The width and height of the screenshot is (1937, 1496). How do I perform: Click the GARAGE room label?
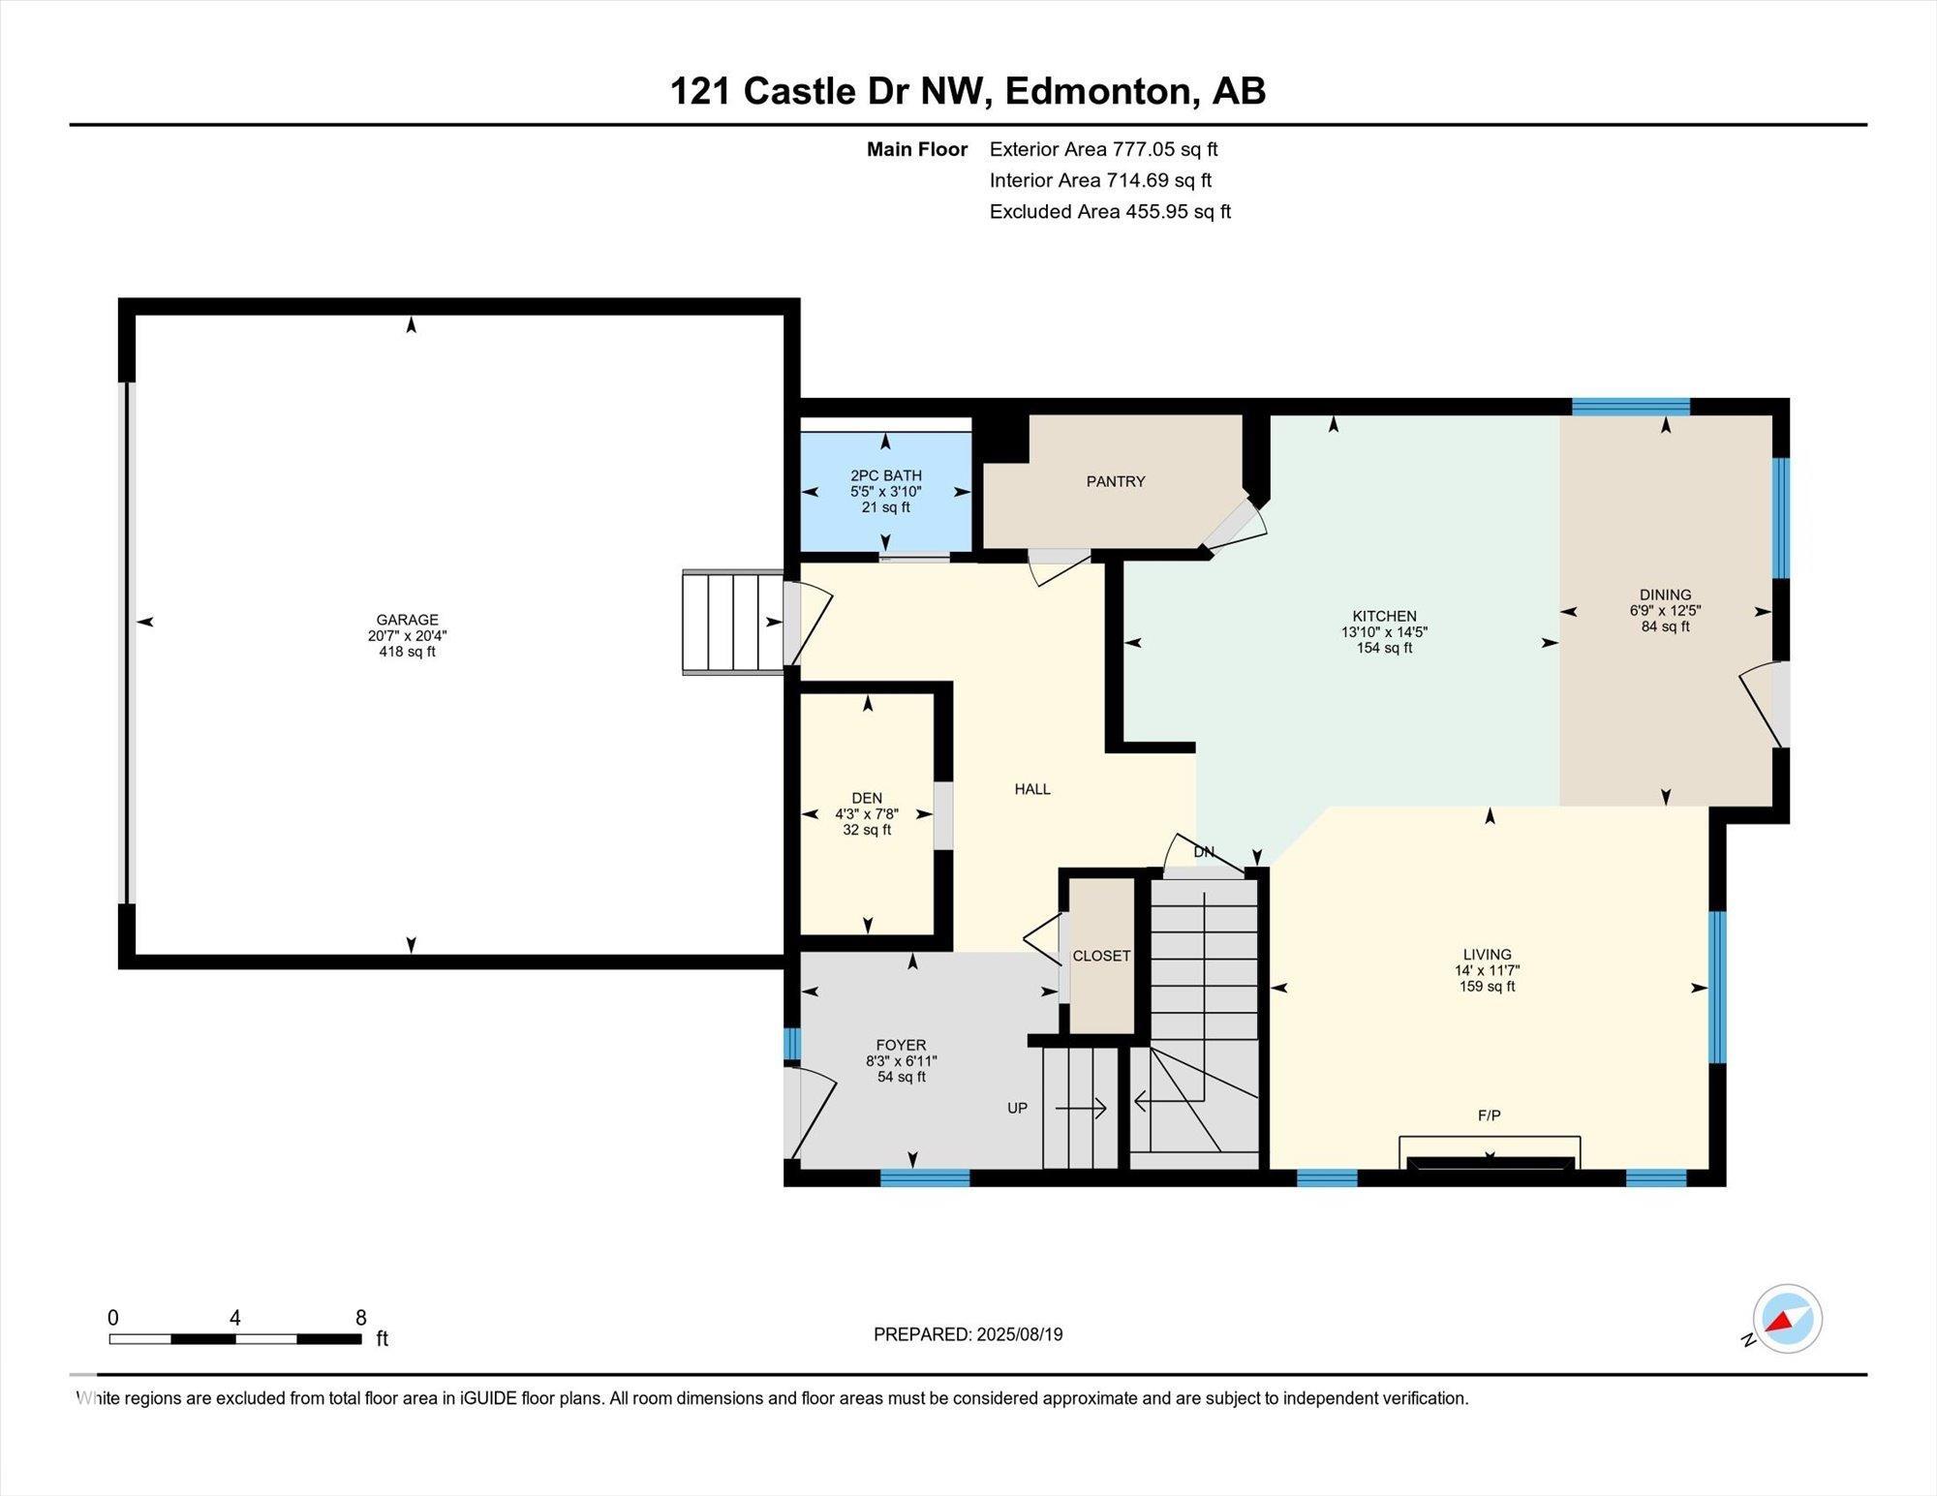(x=408, y=620)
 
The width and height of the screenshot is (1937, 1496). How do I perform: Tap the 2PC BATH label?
(x=885, y=475)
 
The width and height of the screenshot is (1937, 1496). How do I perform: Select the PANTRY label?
(x=1116, y=481)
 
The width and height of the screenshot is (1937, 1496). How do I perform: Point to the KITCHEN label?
(x=1385, y=616)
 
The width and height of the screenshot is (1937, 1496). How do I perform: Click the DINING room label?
(x=1666, y=595)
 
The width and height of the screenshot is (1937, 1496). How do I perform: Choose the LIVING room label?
(x=1488, y=954)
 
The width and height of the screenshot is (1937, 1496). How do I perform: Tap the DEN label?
(x=867, y=798)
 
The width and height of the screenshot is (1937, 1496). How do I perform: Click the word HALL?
(x=1032, y=789)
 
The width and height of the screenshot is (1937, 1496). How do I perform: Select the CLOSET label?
(x=1101, y=956)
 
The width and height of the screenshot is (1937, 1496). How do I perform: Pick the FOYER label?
(x=901, y=1045)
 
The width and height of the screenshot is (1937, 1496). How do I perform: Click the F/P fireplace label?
(x=1490, y=1115)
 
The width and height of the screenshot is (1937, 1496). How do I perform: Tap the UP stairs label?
(x=1017, y=1108)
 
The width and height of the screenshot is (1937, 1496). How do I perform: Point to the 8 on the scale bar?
(x=361, y=1318)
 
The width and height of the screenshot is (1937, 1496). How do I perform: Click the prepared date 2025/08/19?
(x=1020, y=1334)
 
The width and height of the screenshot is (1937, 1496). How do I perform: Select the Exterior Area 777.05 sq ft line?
(x=1103, y=149)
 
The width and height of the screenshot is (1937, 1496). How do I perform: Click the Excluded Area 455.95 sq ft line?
(x=1110, y=211)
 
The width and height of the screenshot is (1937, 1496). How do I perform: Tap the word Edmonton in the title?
(x=1097, y=91)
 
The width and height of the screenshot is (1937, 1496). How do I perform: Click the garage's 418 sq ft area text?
(x=408, y=652)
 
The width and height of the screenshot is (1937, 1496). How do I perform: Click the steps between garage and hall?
(x=733, y=622)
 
